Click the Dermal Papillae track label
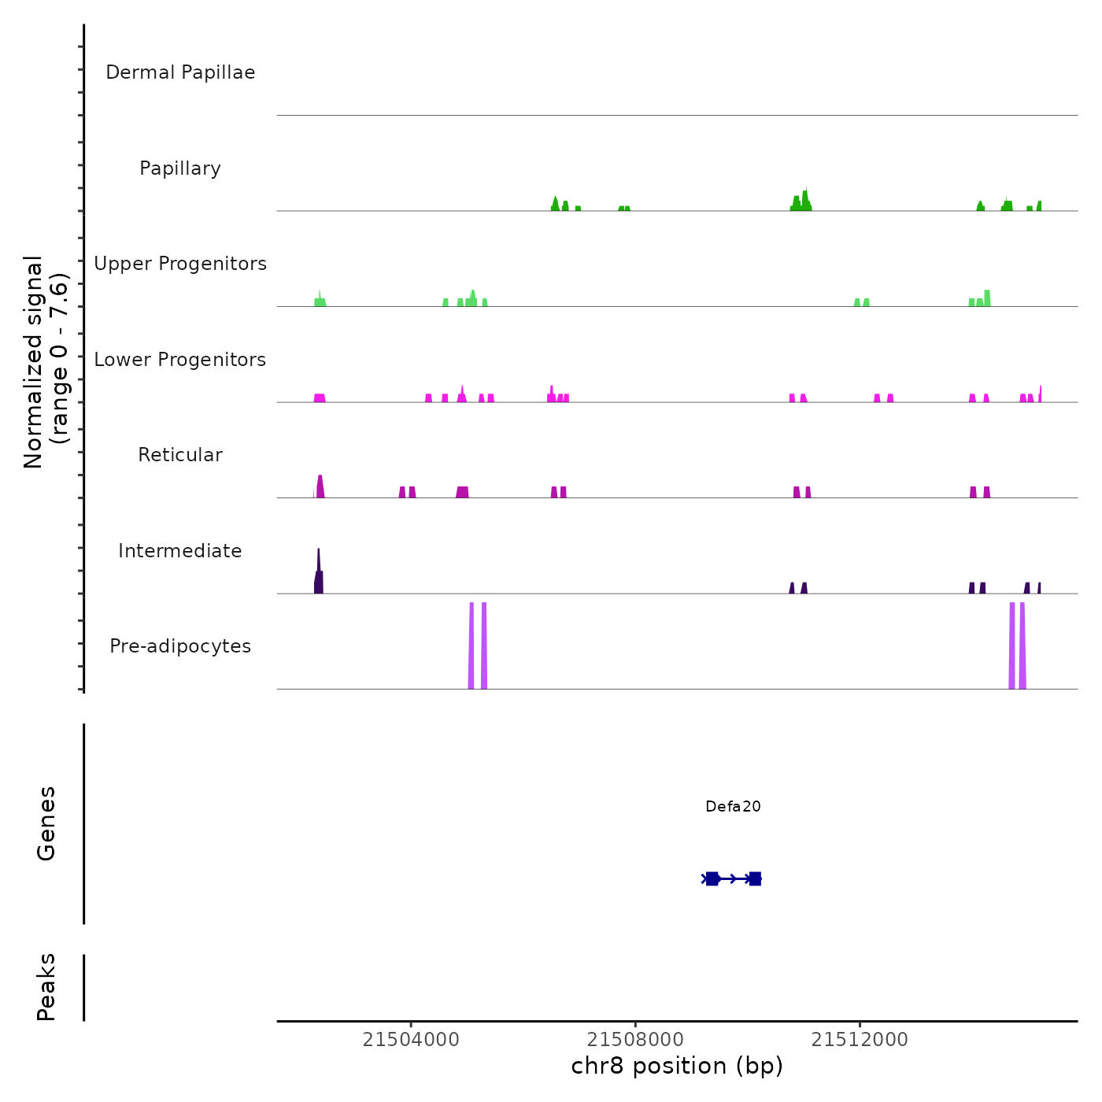tap(180, 72)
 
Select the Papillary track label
tap(180, 168)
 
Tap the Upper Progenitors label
tap(180, 264)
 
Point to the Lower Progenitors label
tap(180, 360)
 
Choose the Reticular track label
tap(180, 455)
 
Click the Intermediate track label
tap(180, 551)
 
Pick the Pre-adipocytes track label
tap(180, 646)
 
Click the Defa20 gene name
tap(733, 806)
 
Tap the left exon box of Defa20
tap(712, 878)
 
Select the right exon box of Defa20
tap(755, 878)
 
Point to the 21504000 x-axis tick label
tap(411, 1040)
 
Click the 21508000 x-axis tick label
tap(635, 1040)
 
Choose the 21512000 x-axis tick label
tap(860, 1040)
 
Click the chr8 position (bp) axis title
tap(677, 1066)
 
